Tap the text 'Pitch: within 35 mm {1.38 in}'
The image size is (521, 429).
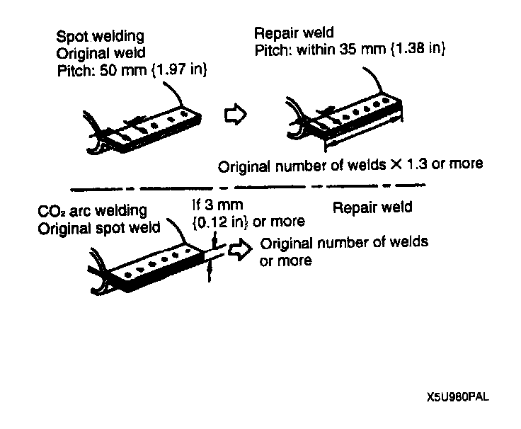point(350,50)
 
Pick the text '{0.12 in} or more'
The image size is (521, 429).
point(248,222)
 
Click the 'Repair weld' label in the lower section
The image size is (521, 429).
point(372,208)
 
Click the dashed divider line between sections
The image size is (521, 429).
point(241,188)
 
